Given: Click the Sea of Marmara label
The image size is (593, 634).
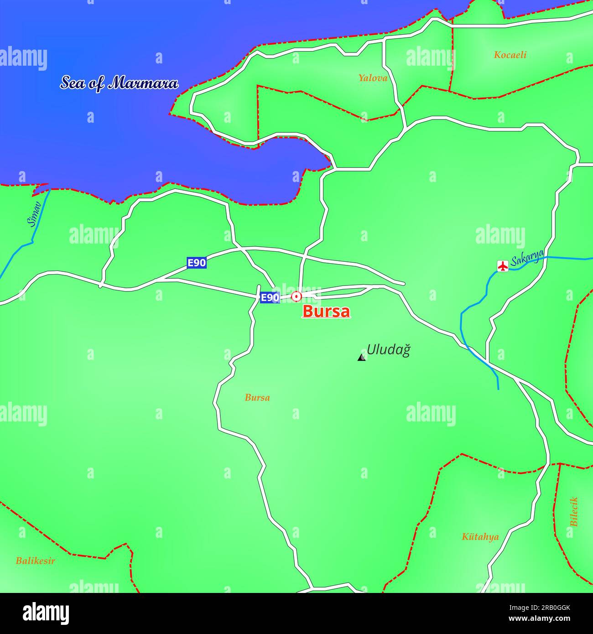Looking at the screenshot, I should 120,83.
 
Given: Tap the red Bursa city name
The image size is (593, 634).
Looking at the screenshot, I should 326,312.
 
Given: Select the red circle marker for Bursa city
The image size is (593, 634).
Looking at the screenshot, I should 296,297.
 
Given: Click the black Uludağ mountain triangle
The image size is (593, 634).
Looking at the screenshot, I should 362,357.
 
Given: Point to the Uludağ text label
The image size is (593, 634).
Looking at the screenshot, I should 389,350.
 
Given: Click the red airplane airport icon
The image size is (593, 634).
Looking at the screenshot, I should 503,265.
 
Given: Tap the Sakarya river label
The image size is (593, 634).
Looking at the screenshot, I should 527,258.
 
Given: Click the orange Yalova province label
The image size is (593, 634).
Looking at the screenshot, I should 373,78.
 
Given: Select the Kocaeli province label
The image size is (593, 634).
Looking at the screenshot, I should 510,55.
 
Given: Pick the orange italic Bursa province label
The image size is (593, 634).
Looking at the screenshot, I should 257,398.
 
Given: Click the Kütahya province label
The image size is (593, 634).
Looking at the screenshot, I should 480,537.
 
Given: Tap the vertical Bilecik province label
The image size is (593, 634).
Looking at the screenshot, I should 574,511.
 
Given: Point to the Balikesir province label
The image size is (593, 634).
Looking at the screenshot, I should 35,561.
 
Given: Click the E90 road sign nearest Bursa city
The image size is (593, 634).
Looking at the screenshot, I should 270,298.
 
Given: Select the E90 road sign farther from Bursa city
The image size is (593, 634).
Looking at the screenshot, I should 197,263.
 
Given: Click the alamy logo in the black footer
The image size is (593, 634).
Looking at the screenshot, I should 46,613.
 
